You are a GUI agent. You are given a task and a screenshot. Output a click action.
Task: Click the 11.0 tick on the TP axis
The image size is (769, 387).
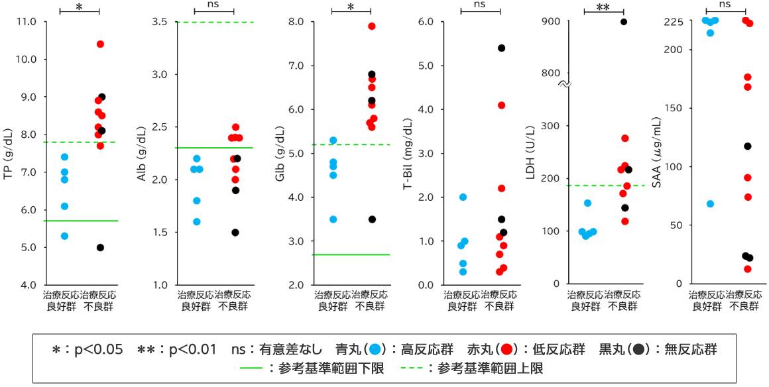(x=27, y=21)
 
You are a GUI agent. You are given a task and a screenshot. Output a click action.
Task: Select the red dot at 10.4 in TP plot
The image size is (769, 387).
(x=100, y=44)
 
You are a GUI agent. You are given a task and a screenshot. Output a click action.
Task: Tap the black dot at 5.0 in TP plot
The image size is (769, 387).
(x=100, y=248)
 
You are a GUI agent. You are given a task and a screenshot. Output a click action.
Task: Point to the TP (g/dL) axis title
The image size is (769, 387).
(x=9, y=152)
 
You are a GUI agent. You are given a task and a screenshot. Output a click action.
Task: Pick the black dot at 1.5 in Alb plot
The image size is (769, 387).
(x=235, y=233)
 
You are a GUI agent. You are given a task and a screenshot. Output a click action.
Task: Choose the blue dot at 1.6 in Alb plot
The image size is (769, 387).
(x=197, y=222)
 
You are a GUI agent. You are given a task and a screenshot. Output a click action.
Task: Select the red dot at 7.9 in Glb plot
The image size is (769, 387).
(x=372, y=27)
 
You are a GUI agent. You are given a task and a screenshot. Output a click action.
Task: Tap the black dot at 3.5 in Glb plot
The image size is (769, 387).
(x=372, y=219)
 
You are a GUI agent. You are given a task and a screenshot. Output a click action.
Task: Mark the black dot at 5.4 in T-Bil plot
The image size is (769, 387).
(x=501, y=48)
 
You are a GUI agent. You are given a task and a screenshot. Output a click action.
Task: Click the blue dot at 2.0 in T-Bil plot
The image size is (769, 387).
(x=463, y=197)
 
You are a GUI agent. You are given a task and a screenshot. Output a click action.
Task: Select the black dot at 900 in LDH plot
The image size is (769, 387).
(x=624, y=22)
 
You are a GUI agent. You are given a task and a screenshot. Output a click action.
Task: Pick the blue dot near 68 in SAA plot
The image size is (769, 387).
(x=710, y=204)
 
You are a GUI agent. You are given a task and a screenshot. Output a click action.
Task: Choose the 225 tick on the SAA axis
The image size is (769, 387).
(x=675, y=21)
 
